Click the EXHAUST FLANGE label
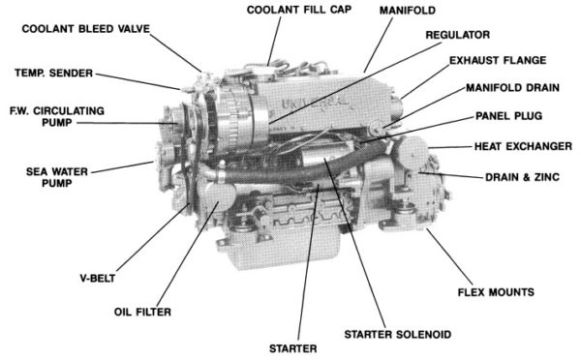500,60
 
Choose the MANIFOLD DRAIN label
514,88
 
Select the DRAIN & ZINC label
523,177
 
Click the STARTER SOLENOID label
397,334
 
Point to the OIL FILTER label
142,313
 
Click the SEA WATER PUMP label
40,177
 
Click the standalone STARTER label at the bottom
292,346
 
